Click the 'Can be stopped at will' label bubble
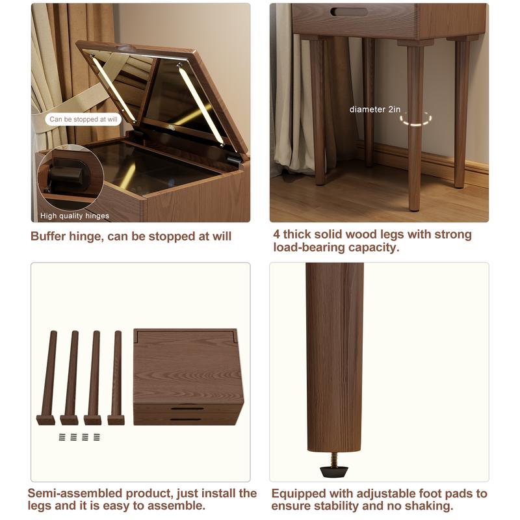pos(83,120)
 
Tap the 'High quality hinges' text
pos(75,216)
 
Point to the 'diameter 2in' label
pos(375,109)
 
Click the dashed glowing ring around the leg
pos(415,119)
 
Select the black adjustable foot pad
pos(334,471)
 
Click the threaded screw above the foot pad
pos(334,460)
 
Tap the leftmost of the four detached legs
pos(47,378)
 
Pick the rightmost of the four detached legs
pos(116,378)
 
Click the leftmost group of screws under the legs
pos(62,437)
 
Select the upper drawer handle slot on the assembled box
pos(187,408)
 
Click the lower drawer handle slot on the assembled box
pos(186,419)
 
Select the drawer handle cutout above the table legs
pos(349,12)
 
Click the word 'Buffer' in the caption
pos(47,237)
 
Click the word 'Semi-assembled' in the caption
pos(75,493)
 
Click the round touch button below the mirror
pos(172,127)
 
